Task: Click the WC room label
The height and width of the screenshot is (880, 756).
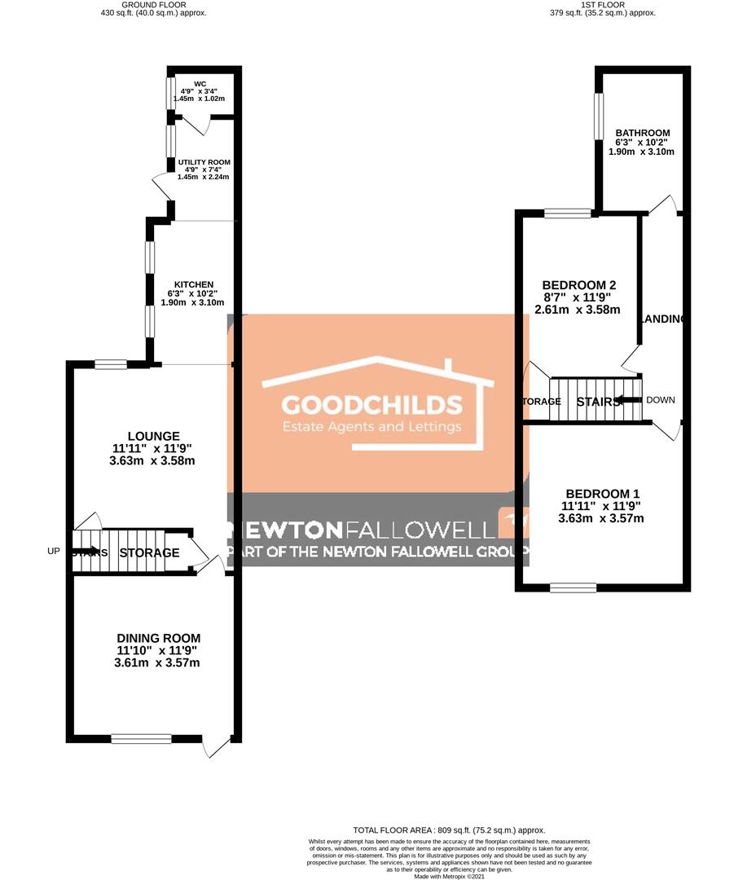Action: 200,83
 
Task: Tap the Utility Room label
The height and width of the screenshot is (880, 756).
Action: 204,162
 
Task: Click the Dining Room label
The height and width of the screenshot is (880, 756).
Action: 157,637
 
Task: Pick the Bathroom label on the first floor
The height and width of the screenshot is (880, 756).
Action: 643,133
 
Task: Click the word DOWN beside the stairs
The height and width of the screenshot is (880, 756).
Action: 661,400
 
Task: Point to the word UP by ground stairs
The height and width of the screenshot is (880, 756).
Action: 55,552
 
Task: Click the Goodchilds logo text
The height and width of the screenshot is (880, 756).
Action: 371,405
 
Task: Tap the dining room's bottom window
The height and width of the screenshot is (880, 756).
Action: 142,738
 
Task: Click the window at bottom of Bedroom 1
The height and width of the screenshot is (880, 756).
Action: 573,587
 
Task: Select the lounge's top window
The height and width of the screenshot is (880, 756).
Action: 110,364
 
